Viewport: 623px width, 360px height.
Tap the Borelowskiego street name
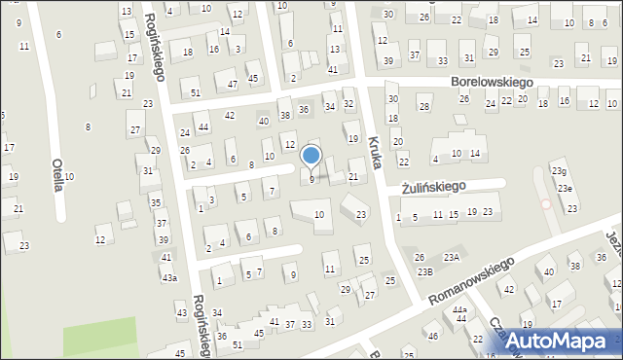(498, 84)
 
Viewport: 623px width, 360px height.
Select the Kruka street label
(377, 154)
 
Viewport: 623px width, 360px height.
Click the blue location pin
(311, 157)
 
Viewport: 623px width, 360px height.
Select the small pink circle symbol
(545, 204)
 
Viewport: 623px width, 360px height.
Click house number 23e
(565, 188)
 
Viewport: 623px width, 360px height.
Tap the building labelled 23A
(452, 257)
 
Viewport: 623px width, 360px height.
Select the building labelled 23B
(425, 271)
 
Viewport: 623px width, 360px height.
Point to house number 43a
(169, 278)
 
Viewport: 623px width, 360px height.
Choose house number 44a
(459, 310)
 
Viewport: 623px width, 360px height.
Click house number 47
(232, 85)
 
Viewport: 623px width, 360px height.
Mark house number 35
(156, 202)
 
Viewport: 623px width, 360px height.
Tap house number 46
(433, 337)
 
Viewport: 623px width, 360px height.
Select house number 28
(423, 106)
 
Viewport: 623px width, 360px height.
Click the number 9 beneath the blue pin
(311, 179)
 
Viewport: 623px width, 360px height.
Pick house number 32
(348, 103)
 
